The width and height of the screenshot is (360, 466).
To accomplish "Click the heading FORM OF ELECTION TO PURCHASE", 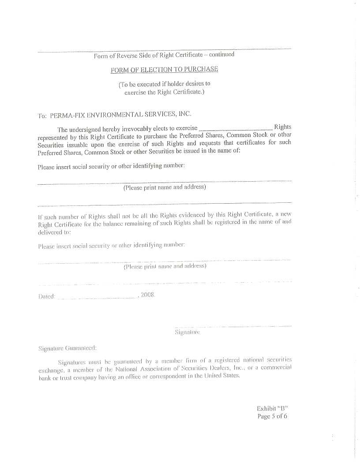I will [x=164, y=70].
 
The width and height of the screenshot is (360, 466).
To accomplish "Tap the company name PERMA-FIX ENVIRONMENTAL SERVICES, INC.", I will [x=120, y=115].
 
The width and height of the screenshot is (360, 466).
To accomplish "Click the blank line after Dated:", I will [x=97, y=298].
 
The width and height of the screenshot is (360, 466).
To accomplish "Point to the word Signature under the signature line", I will [x=187, y=332].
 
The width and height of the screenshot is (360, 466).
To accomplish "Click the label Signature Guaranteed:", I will [x=67, y=348].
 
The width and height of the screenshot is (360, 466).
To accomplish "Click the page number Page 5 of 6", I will [x=272, y=416].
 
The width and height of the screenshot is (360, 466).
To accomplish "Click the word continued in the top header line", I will [x=221, y=55].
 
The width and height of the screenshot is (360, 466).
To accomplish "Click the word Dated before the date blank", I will [x=46, y=297].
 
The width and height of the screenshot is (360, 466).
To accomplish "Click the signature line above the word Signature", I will [x=233, y=327].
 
